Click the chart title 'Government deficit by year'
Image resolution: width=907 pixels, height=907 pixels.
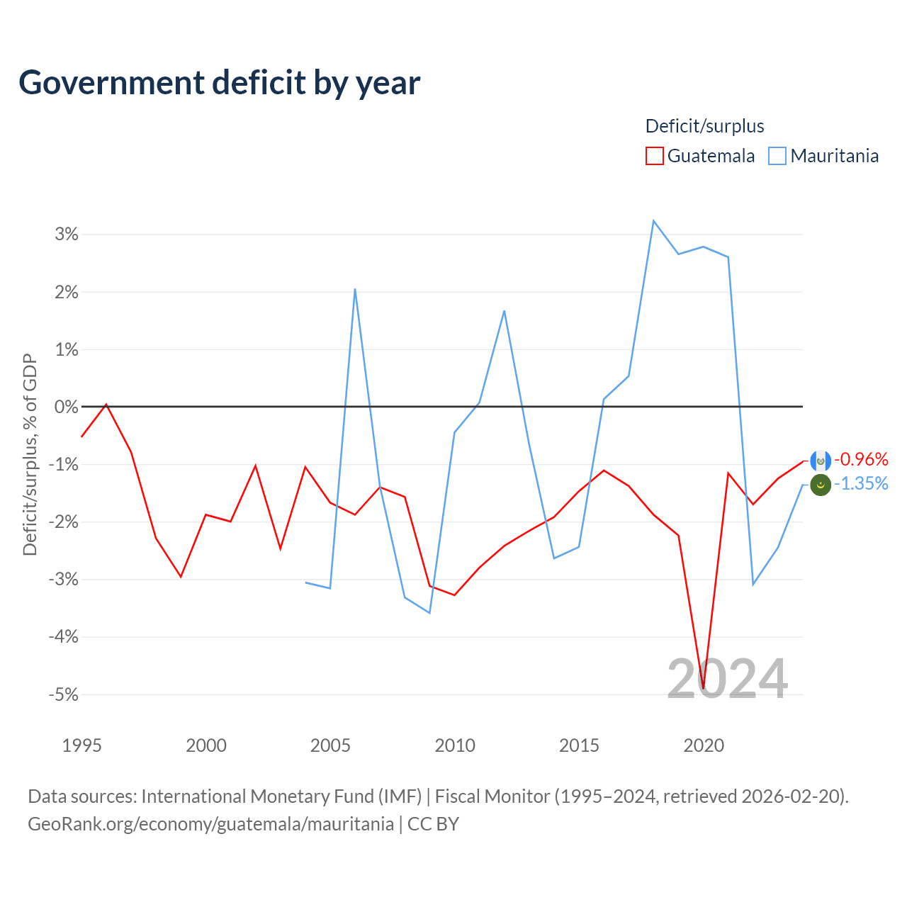tap(219, 83)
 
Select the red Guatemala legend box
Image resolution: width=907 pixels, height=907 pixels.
tap(654, 156)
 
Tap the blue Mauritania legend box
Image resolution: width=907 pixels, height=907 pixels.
tap(777, 156)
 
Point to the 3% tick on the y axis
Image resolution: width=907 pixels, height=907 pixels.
tap(67, 234)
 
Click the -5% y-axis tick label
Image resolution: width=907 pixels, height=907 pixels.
tap(64, 694)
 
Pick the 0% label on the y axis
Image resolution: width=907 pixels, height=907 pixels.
tap(67, 407)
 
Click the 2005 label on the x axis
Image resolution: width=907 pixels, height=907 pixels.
tap(330, 745)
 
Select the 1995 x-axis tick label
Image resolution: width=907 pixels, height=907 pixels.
tap(82, 745)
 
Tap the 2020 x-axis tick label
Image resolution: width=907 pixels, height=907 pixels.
tap(703, 745)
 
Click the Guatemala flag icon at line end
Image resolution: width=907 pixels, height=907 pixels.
tap(821, 461)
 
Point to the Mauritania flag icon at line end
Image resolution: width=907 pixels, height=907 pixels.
tap(821, 485)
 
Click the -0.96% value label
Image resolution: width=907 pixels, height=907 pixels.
tap(861, 459)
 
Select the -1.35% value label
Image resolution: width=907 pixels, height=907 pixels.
tap(861, 483)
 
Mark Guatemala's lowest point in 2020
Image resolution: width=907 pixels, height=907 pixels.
tap(703, 689)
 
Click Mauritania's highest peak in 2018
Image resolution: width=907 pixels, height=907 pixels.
tap(654, 221)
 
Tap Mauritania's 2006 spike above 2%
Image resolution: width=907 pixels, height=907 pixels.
tap(355, 289)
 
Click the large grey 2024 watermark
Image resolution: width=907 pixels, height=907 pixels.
tap(727, 679)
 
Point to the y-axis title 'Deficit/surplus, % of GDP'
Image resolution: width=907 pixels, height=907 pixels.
tap(30, 454)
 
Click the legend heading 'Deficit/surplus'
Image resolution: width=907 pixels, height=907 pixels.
tap(704, 126)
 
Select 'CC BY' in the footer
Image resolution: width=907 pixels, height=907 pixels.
tap(433, 824)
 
